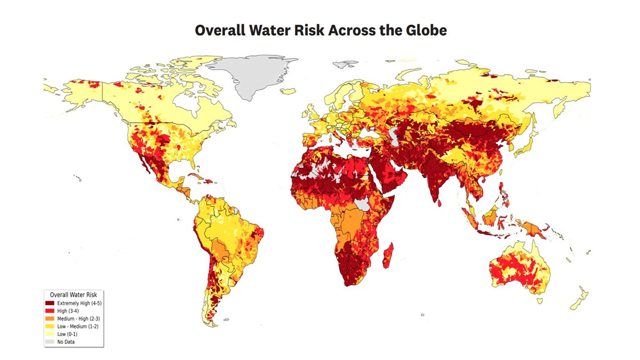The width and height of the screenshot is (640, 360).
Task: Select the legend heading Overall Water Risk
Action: click(x=73, y=294)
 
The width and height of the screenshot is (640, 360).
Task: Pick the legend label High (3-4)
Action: click(x=69, y=311)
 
